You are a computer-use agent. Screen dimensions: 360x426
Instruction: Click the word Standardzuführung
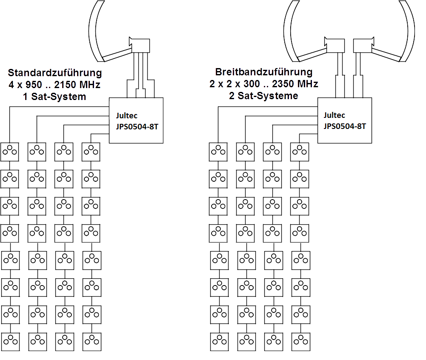(x=55, y=72)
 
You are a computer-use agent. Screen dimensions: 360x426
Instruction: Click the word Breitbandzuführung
(x=263, y=72)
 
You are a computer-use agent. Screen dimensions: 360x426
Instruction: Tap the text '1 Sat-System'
(x=54, y=97)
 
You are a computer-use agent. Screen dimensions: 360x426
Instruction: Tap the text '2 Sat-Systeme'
(x=263, y=96)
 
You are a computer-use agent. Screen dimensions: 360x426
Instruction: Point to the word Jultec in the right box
(x=334, y=115)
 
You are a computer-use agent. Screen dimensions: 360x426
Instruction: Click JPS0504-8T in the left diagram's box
(x=137, y=126)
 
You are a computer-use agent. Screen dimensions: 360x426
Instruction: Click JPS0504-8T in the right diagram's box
(x=345, y=126)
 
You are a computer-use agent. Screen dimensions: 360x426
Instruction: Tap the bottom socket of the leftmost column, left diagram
(x=11, y=341)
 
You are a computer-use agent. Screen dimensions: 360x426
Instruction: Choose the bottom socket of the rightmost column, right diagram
(x=301, y=341)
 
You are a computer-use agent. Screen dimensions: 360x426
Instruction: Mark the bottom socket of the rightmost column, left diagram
(x=91, y=341)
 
